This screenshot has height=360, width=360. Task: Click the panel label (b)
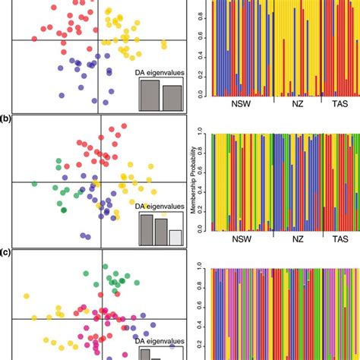click(x=6, y=119)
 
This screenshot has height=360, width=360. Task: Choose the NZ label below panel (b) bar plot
click(x=298, y=242)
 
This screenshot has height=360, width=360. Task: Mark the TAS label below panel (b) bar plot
click(x=339, y=242)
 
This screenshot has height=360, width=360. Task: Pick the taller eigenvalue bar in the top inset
click(x=149, y=94)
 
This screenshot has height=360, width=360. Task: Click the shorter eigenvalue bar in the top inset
click(x=172, y=97)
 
